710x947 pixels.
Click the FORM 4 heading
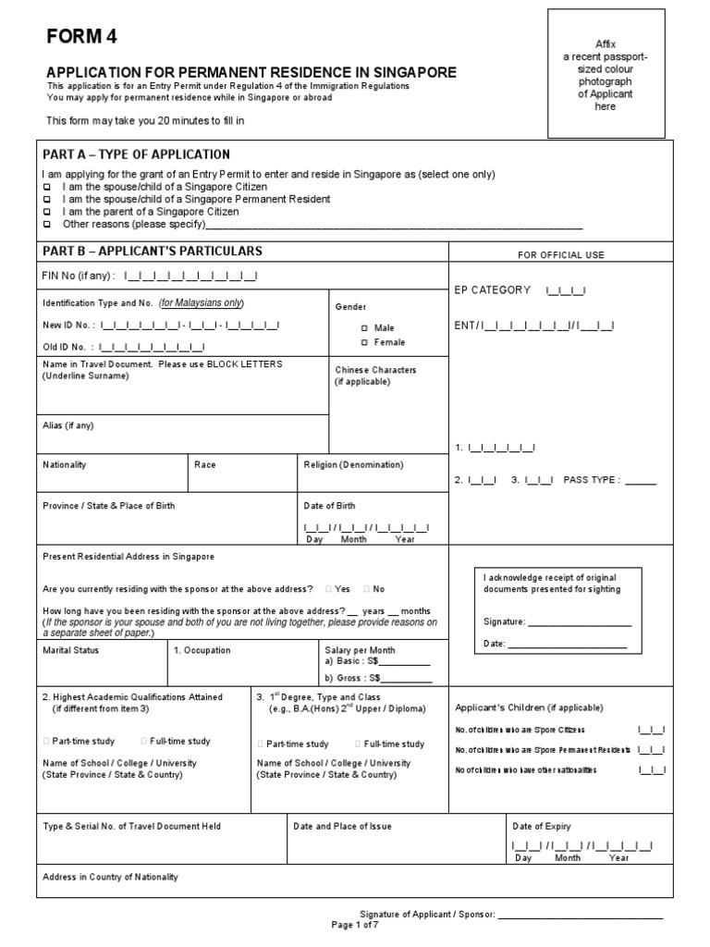[x=82, y=37]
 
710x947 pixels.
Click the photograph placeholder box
[x=606, y=74]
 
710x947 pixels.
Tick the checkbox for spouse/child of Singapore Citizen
[x=48, y=187]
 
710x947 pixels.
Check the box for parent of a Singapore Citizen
[x=48, y=212]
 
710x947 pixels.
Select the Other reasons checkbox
[x=48, y=225]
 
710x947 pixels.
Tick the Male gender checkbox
[x=364, y=328]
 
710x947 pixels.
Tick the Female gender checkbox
[x=364, y=343]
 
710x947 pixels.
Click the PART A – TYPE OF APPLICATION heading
[x=137, y=154]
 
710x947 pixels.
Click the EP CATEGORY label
[x=493, y=290]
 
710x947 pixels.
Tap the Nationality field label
[x=65, y=465]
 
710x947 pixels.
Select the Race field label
[x=205, y=465]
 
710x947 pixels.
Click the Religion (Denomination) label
[x=353, y=465]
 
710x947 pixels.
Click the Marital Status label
[x=71, y=650]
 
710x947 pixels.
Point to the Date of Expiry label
[x=542, y=827]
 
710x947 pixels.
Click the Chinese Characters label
[x=375, y=370]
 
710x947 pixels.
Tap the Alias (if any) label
[x=68, y=425]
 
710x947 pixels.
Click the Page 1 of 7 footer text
[x=355, y=925]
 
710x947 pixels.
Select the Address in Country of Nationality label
[x=111, y=877]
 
